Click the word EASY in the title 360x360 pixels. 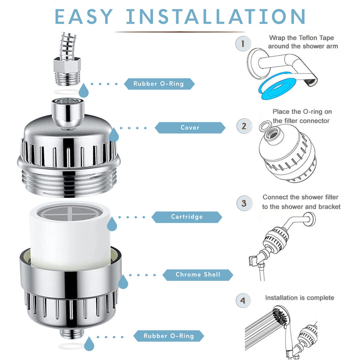point(84,17)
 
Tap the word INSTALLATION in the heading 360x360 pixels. point(216,17)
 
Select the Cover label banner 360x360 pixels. point(190,128)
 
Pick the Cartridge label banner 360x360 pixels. point(187,217)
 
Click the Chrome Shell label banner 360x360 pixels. point(198,275)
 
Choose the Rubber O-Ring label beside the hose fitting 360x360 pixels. point(159,84)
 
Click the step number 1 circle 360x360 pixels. point(244,44)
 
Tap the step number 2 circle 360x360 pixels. point(244,126)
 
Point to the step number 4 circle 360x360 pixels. point(243,301)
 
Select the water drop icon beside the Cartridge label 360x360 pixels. point(112,224)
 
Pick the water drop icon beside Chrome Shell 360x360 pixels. point(123,282)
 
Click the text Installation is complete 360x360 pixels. point(299,298)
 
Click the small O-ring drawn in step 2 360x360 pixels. point(265,126)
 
